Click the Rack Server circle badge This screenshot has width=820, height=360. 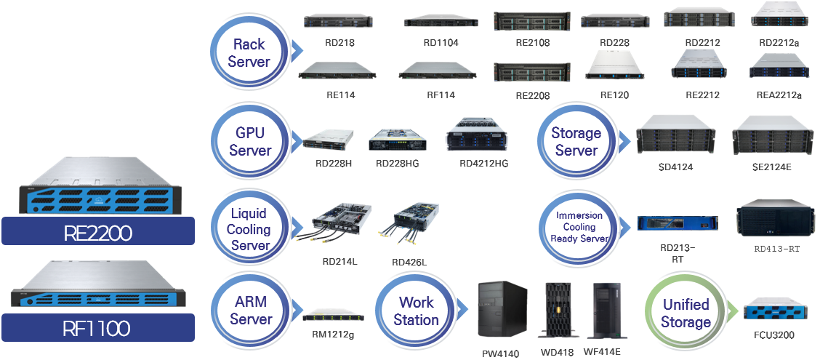pos(248,52)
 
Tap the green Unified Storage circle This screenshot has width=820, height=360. pos(686,313)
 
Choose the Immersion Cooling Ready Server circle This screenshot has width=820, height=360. pos(579,228)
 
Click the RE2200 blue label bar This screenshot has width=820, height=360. pos(98,231)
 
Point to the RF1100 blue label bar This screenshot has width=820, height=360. pos(98,328)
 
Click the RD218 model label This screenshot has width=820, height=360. pos(340,43)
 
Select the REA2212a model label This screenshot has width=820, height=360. pos(779,95)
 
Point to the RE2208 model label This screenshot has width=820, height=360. pos(533,95)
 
